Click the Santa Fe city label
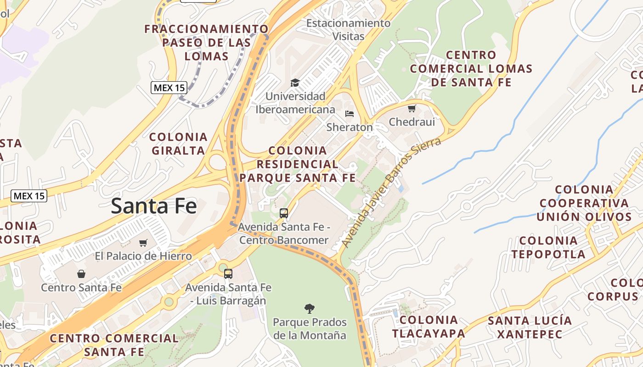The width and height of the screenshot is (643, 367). pos(154,206)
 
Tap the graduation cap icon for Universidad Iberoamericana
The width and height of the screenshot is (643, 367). pos(295,83)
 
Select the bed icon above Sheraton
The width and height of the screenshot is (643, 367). pos(350,113)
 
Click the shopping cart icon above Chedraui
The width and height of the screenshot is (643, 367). pos(412,109)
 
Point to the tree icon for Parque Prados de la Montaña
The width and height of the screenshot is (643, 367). pos(310,308)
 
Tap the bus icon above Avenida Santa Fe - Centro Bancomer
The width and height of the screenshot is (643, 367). pos(284,213)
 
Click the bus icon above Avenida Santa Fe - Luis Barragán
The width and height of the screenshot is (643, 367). pos(228,274)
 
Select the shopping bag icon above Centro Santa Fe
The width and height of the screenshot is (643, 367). pos(81,274)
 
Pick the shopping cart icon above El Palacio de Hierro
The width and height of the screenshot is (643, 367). pos(143,243)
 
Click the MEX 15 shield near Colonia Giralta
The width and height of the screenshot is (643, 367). pos(169,87)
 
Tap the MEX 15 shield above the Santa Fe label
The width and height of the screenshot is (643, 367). pos(29,196)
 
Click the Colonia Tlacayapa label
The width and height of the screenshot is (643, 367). pos(429,327)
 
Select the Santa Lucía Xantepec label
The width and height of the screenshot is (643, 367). pos(530,327)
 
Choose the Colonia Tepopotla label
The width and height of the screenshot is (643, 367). pos(548,247)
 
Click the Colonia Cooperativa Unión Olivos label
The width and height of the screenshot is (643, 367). pos(585,203)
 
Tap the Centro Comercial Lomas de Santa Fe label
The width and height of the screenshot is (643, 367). pos(471,69)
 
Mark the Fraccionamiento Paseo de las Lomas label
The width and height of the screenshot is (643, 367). pos(207,43)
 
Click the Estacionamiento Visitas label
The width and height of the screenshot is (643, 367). pos(348,29)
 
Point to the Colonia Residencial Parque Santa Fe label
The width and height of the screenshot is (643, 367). pos(298,164)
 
